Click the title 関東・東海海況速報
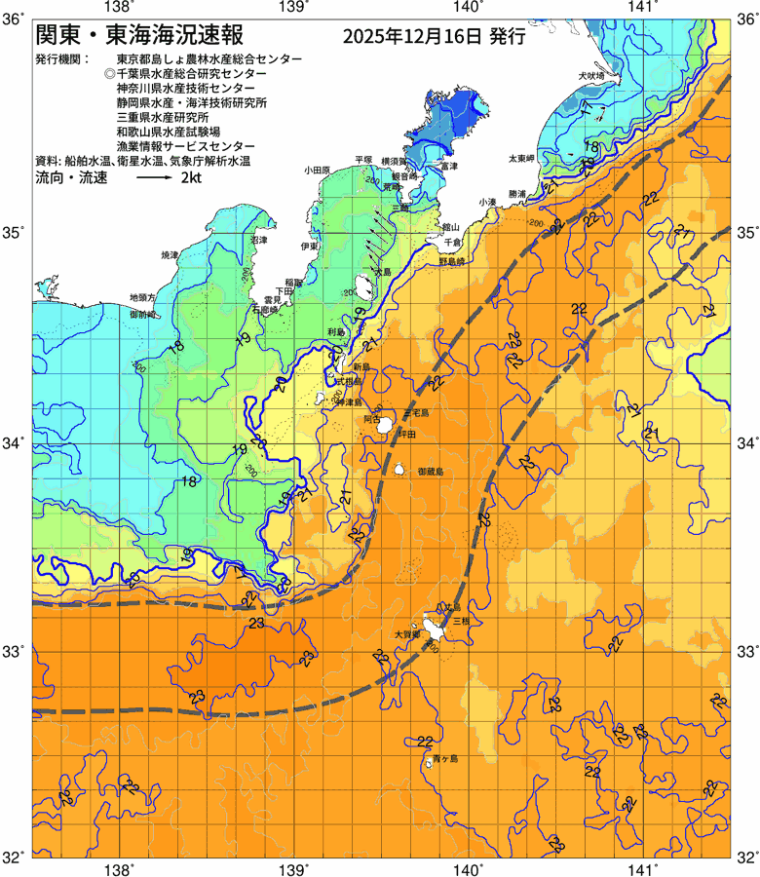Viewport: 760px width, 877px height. pyautogui.click(x=146, y=36)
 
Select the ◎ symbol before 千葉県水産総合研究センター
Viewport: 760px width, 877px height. pyautogui.click(x=109, y=74)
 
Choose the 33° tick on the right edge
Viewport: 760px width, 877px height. pyautogui.click(x=746, y=649)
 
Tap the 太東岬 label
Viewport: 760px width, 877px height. pyautogui.click(x=521, y=158)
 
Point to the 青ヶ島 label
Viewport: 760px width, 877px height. pyautogui.click(x=445, y=757)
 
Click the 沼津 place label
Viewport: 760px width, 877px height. pyautogui.click(x=258, y=239)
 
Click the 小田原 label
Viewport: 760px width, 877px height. pyautogui.click(x=318, y=170)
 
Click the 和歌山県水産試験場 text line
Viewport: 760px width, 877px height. pyautogui.click(x=168, y=130)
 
